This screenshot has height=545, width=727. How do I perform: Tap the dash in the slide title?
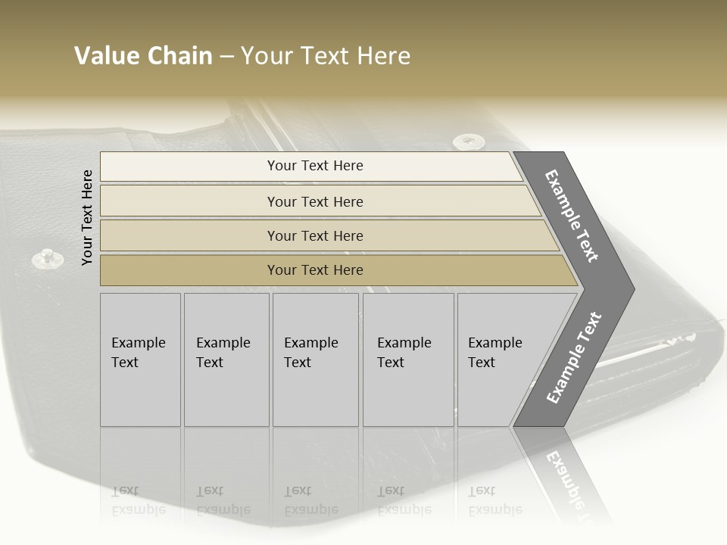point(226,57)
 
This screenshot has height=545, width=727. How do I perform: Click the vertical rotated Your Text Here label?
point(87,217)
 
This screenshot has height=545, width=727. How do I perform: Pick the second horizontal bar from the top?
point(314,201)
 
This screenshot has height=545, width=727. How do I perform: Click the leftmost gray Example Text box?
point(140,360)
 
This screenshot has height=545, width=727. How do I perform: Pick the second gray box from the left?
point(226,360)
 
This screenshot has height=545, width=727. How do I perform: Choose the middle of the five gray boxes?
point(315,360)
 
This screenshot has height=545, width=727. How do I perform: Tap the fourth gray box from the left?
point(407,360)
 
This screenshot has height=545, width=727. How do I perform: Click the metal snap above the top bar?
point(469,141)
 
